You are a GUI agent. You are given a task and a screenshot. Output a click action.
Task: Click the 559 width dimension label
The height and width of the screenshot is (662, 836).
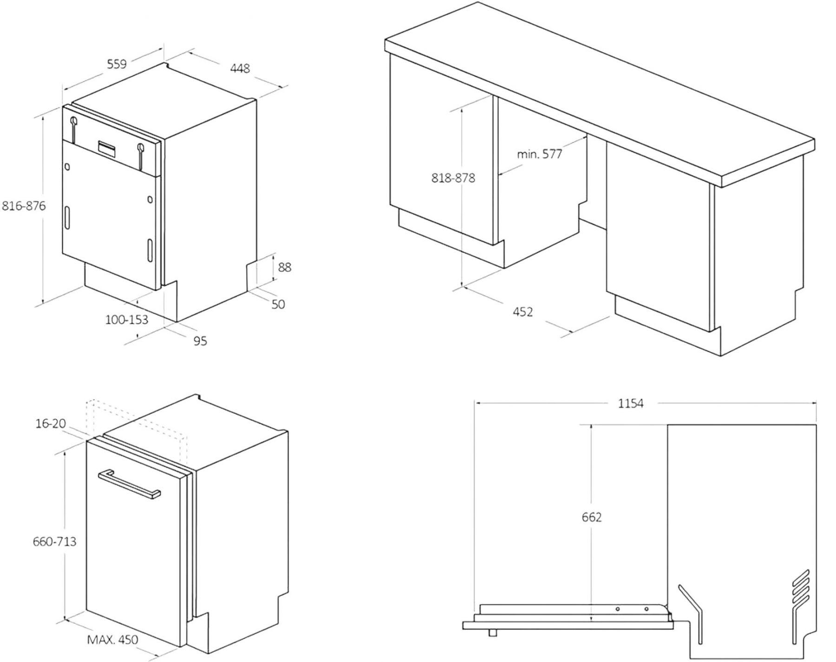pyautogui.click(x=117, y=64)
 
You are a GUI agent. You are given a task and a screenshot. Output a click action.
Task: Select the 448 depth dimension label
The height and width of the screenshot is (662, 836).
pyautogui.click(x=240, y=68)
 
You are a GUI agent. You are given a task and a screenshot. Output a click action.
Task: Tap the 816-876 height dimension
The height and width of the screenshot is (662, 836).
pyautogui.click(x=24, y=205)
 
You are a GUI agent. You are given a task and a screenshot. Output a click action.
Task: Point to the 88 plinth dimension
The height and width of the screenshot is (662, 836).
pyautogui.click(x=284, y=267)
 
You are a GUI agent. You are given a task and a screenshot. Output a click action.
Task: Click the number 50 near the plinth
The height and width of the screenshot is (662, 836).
pyautogui.click(x=278, y=304)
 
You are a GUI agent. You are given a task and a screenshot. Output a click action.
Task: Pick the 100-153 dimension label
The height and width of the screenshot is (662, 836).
pyautogui.click(x=126, y=320)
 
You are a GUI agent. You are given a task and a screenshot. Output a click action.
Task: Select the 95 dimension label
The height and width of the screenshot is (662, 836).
pyautogui.click(x=200, y=341)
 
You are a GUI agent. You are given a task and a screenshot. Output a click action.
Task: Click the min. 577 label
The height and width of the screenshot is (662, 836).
pyautogui.click(x=540, y=154)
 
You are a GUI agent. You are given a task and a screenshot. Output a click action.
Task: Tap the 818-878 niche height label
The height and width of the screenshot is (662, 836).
pyautogui.click(x=453, y=178)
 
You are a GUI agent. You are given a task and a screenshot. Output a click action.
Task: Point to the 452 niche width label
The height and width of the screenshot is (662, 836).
pyautogui.click(x=522, y=312)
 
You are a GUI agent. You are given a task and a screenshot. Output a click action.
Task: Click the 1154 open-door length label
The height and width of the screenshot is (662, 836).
pyautogui.click(x=631, y=404)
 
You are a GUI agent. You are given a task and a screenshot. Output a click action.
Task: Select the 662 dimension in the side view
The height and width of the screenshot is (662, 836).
pyautogui.click(x=592, y=517)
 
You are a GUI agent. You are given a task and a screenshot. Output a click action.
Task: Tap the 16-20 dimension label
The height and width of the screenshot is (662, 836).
pyautogui.click(x=51, y=423)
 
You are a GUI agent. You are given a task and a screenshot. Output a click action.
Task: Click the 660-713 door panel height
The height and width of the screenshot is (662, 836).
pyautogui.click(x=54, y=541)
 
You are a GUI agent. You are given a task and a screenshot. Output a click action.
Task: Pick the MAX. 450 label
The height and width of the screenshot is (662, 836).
pyautogui.click(x=112, y=640)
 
